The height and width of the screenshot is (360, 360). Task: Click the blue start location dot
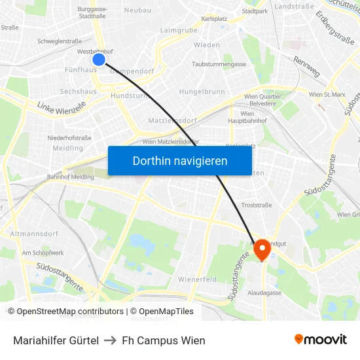[99, 60]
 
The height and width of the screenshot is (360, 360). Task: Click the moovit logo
[320, 339]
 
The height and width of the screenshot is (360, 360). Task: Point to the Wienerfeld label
[197, 279]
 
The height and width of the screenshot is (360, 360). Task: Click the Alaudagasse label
[264, 293]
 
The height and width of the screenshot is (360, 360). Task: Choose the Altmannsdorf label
[32, 233]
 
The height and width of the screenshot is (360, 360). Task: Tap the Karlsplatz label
[214, 19]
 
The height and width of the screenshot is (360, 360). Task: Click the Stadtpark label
[255, 11]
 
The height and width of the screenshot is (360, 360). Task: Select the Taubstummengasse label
[219, 64]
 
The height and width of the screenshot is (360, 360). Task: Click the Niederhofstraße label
[69, 137]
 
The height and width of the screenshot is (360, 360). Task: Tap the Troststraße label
[257, 205]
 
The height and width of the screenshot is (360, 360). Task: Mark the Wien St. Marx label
[326, 94]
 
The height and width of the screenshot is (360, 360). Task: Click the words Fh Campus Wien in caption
[164, 340]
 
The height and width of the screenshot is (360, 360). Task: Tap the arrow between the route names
[111, 340]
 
